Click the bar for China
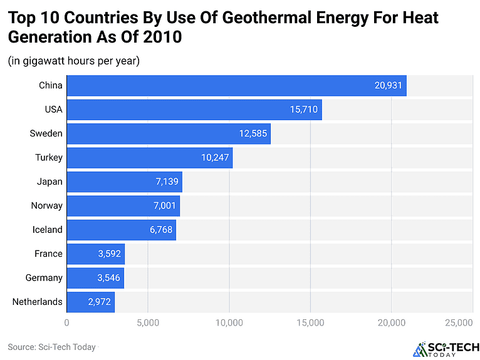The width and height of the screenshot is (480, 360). [236, 86]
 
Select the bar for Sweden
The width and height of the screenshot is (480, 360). [169, 133]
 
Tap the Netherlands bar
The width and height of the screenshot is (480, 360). [90, 302]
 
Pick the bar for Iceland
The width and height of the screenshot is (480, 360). [121, 230]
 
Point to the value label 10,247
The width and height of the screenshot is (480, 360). [215, 158]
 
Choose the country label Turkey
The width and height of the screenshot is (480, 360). [48, 158]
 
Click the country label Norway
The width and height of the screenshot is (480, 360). [47, 205]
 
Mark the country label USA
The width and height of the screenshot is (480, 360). [53, 110]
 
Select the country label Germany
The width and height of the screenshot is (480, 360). [44, 278]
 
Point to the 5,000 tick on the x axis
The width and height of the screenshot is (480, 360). [148, 322]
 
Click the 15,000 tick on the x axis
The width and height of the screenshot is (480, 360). [310, 322]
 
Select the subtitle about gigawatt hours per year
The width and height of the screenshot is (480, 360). [73, 61]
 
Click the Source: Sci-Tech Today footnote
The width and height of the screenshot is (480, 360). [52, 346]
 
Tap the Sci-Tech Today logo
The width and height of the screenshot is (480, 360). [447, 349]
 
